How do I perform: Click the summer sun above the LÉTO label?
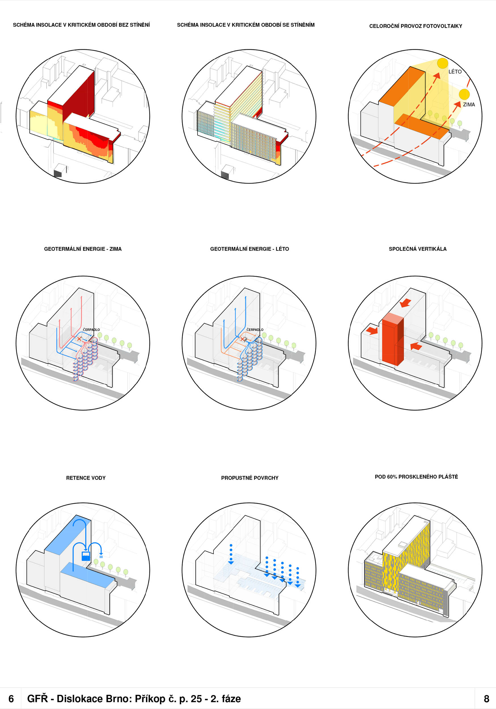(x=442, y=63)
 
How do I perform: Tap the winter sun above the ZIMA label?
(x=464, y=94)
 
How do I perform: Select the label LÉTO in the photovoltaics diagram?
(x=455, y=72)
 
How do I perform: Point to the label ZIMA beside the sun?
(x=469, y=105)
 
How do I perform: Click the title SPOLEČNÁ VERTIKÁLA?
(x=417, y=249)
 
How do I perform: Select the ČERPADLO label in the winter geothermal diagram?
(x=91, y=330)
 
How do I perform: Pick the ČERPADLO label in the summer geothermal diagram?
(x=255, y=330)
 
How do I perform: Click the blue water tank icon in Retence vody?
(x=86, y=556)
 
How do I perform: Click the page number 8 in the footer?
(x=486, y=699)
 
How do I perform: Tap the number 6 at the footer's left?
(x=11, y=699)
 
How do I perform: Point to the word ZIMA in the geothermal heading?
(x=115, y=249)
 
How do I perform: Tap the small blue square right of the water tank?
(x=101, y=556)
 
